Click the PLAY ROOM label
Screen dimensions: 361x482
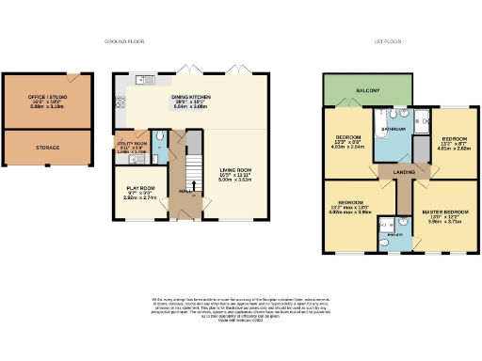tap(139, 188)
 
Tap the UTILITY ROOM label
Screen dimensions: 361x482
tap(131, 144)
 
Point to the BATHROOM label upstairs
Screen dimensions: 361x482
tap(394, 128)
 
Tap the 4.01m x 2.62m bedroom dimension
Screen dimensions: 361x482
tap(454, 147)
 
